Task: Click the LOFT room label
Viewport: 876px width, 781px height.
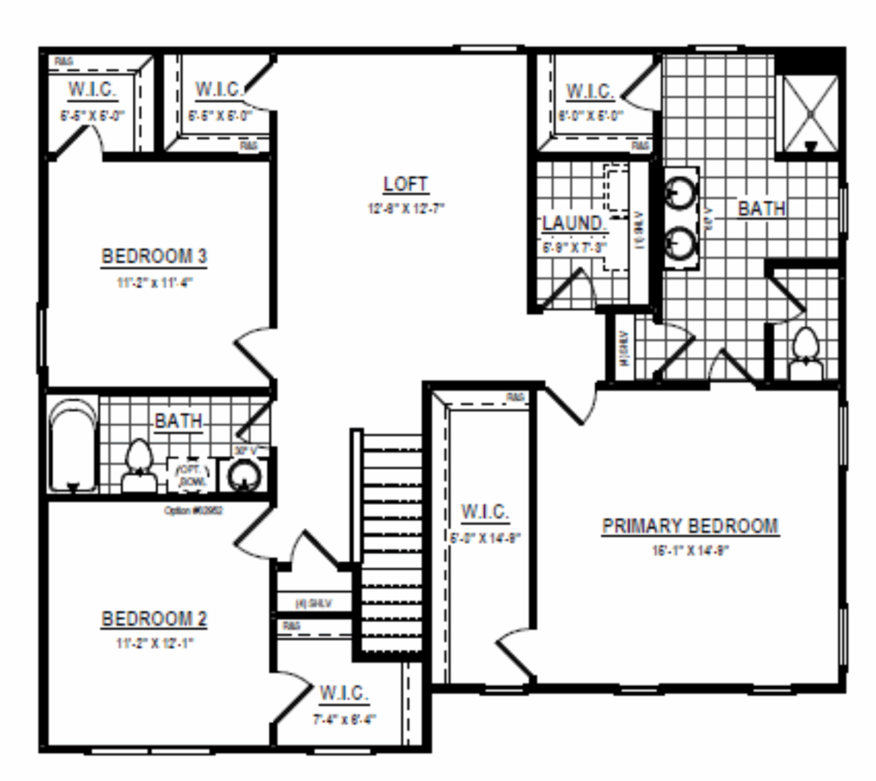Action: click(405, 185)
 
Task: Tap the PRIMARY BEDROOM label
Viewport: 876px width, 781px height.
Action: click(690, 526)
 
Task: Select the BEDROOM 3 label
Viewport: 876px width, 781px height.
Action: click(155, 256)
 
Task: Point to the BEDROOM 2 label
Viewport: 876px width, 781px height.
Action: click(155, 618)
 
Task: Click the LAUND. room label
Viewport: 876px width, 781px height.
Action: click(574, 224)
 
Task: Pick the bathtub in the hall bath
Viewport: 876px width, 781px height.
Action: click(73, 446)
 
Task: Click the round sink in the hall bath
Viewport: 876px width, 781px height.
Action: click(244, 475)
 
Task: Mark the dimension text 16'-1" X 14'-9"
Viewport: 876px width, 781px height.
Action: click(690, 551)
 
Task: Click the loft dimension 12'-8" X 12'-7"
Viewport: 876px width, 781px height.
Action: click(405, 208)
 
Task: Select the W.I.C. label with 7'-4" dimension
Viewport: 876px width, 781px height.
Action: click(344, 692)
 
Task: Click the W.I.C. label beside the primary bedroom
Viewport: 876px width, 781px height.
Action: click(484, 512)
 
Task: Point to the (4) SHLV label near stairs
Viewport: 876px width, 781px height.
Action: click(311, 602)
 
